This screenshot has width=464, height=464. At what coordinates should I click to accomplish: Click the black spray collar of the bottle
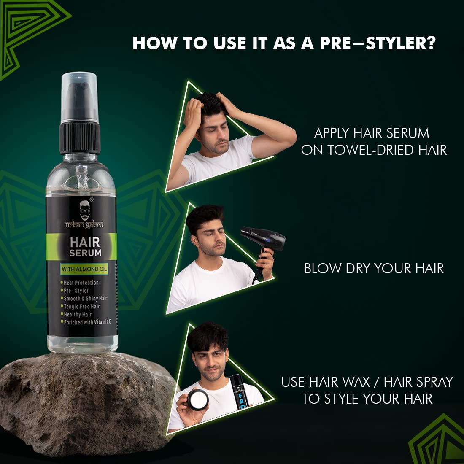(x=80, y=138)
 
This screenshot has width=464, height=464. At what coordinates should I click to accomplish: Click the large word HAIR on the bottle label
(x=85, y=242)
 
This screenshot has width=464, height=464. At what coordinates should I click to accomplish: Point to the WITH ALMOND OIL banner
(x=84, y=269)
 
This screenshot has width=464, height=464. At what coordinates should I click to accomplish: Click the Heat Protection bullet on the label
(x=81, y=283)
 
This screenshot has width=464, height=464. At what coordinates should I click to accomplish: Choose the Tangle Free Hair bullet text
(x=81, y=307)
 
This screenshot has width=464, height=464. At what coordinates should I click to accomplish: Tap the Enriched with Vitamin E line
(x=87, y=322)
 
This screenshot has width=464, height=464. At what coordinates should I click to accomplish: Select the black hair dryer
(x=264, y=243)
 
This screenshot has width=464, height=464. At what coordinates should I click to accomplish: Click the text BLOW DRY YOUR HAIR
(x=374, y=269)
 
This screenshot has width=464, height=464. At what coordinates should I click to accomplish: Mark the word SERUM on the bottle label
(x=85, y=253)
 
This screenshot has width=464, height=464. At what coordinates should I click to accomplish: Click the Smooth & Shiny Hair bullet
(x=85, y=299)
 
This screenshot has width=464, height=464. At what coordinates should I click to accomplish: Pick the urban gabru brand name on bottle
(x=84, y=225)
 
